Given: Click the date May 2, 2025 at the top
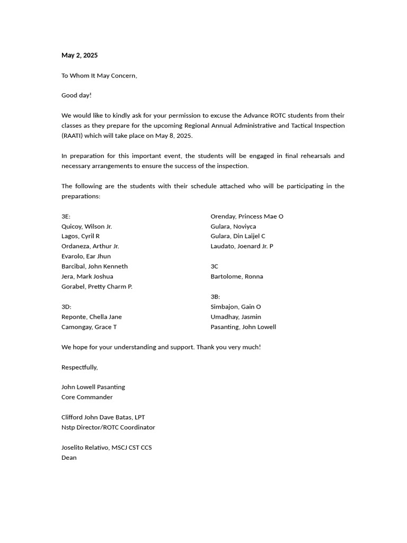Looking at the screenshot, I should coord(79,55).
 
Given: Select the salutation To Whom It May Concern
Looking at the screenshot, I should coord(99,75).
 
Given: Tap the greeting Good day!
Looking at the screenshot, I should coord(76,95).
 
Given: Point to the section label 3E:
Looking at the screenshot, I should coord(66,216).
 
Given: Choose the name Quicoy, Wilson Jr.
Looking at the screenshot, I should coord(86,226).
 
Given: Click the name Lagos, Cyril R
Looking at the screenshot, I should coord(81,237).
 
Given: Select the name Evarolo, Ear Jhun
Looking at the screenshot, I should coord(86,257).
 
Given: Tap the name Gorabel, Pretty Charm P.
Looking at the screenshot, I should coord(97,287).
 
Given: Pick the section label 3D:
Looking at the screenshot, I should coord(66,307).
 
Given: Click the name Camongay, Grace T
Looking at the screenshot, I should coord(89,327).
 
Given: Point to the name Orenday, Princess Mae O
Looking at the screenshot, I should coord(247,216).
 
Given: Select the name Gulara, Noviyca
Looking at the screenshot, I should coord(233,226).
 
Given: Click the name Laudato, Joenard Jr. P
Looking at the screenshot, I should coord(242,247).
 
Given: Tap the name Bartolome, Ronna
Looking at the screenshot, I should coord(237,277).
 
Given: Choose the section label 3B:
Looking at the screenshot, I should coord(215,297).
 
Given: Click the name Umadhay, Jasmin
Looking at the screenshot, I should coord(236,317).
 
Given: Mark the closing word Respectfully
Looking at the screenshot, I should coord(79,367).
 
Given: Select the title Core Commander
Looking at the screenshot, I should coord(87,397).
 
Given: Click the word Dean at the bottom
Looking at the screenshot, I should coord(69,458).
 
